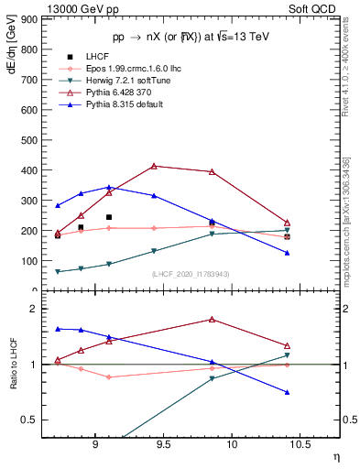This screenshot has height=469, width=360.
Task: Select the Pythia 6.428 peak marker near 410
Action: pyautogui.click(x=154, y=166)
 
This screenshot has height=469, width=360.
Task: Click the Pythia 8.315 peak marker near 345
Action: pyautogui.click(x=109, y=187)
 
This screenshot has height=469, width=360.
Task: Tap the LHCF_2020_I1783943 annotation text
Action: pyautogui.click(x=191, y=274)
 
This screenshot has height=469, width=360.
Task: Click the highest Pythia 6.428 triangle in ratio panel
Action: pyautogui.click(x=212, y=320)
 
